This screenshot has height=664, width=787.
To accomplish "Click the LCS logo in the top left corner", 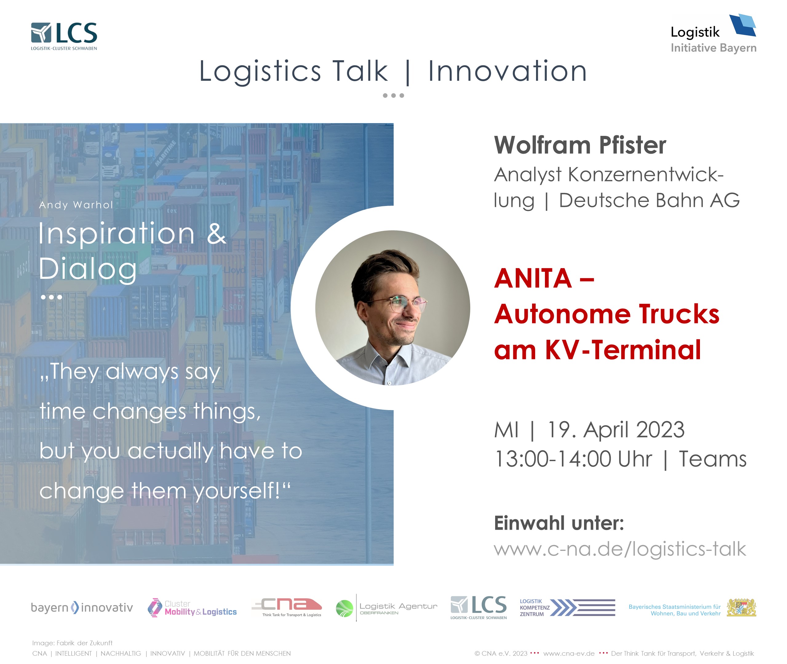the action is coord(64,36).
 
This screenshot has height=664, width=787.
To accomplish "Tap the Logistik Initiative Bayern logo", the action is coord(713,34).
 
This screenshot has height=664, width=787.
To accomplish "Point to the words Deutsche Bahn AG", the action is coord(649,200).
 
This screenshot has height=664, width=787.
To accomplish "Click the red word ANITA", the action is coord(533,279).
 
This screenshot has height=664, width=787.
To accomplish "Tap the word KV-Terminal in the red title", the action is coord(623,350).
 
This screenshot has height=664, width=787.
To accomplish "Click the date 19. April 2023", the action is coord(616,429).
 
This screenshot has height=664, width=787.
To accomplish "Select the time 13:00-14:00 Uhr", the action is coord(573,459).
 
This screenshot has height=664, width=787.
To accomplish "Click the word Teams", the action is coord(713,459).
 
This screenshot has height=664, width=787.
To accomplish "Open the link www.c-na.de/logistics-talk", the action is coord(620,549).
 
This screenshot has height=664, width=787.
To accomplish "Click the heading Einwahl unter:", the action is coord(559,523).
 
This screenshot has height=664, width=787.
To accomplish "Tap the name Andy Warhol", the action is coord(76,205).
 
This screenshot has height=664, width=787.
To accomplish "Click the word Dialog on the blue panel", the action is coord(88,269).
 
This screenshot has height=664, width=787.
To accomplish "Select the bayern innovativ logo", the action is coord(82,607).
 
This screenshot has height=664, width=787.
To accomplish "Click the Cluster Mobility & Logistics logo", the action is coord(192,607).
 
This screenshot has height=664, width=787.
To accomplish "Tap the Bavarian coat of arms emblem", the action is coord(741,607).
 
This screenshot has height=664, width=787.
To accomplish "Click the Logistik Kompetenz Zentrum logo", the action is coord(567,607).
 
